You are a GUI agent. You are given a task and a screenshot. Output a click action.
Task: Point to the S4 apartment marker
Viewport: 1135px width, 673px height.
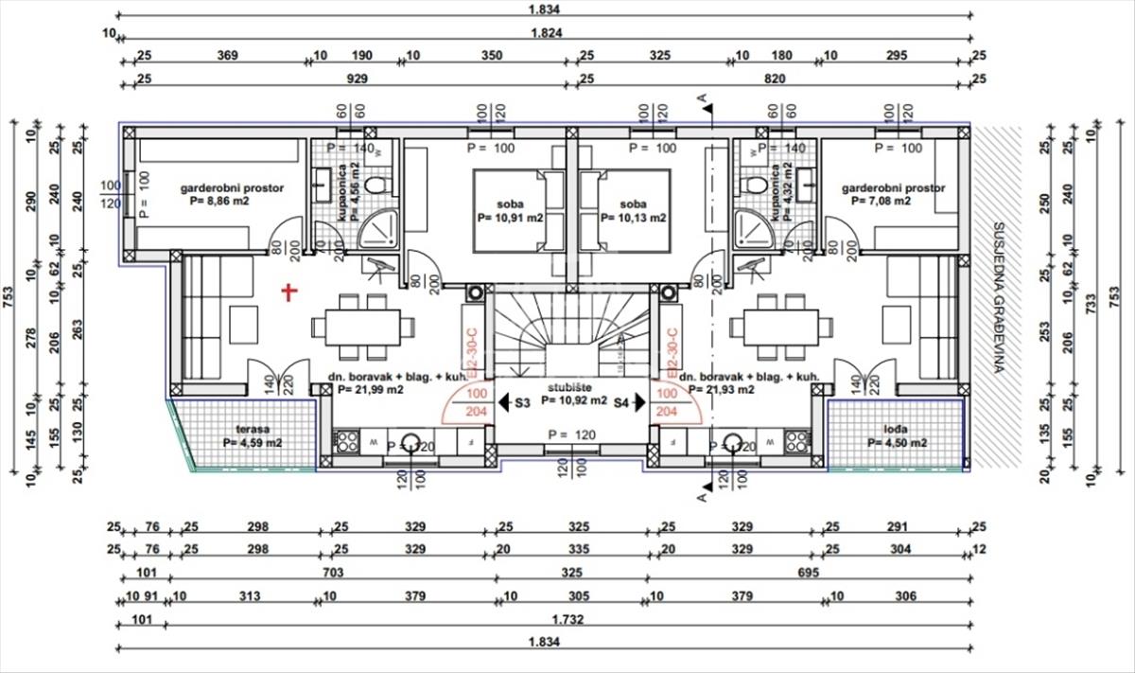point(621,402)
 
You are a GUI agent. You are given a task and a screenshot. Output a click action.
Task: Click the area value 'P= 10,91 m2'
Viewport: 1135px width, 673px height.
point(512,218)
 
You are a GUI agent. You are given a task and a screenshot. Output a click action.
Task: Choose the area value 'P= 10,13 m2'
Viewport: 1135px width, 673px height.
point(632,218)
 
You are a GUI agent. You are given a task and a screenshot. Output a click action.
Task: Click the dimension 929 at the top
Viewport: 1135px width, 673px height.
point(357,80)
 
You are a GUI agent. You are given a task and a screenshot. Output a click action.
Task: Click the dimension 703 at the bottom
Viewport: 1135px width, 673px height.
point(332,573)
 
